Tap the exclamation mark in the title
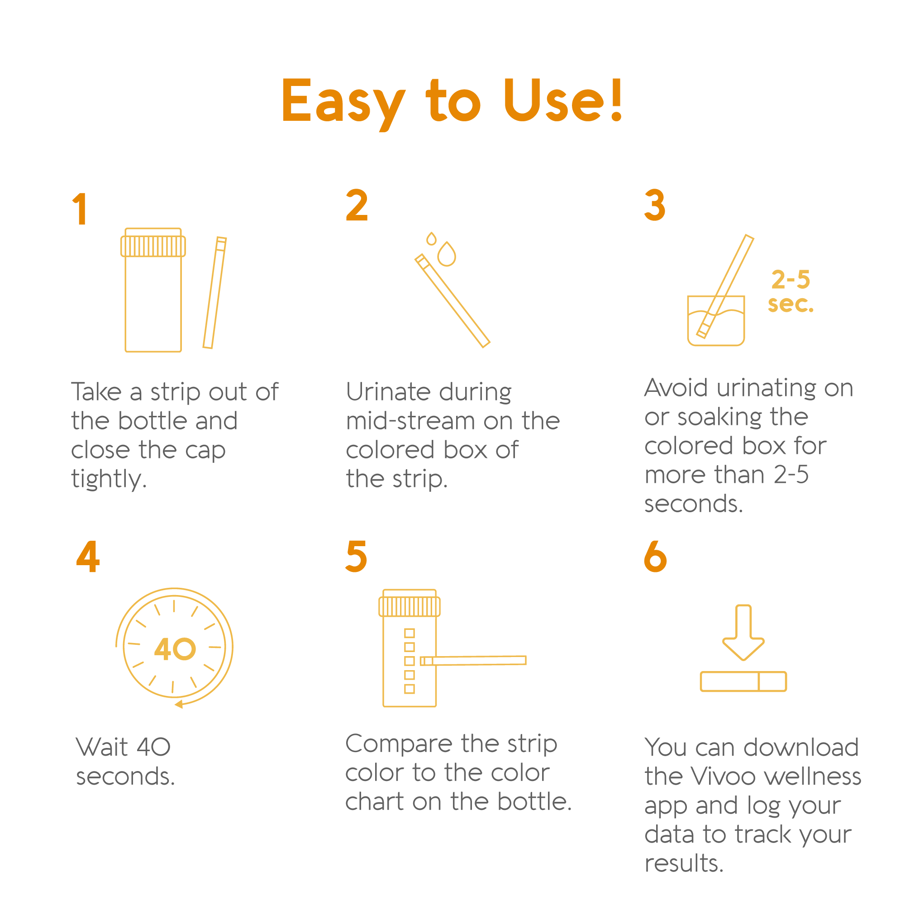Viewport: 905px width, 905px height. (616, 99)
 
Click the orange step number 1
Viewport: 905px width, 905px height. (80, 209)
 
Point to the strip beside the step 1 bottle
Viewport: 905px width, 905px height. (214, 293)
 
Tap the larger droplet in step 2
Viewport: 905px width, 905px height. (447, 254)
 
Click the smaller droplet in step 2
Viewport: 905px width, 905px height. (431, 239)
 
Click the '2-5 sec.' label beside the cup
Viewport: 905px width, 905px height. (791, 291)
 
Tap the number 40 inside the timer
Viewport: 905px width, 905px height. (175, 649)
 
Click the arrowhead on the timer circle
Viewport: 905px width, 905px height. (178, 704)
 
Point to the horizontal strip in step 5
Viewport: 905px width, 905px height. (473, 661)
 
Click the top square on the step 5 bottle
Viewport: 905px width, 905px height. (410, 633)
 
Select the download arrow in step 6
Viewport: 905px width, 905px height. (743, 633)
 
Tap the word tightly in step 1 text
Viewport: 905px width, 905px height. (109, 480)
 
